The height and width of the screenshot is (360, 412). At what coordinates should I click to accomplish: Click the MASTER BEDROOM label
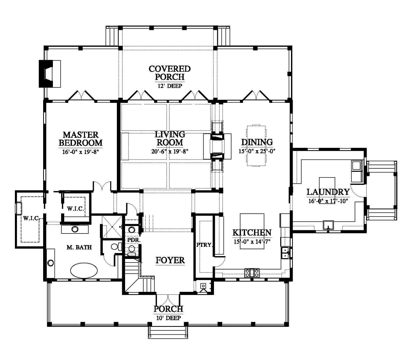[x=81, y=139]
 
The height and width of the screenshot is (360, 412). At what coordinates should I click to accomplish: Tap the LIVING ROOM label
[x=170, y=138]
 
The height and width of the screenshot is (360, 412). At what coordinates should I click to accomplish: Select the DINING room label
[x=257, y=142]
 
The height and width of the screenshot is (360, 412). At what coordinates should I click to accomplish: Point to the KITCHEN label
[x=252, y=232]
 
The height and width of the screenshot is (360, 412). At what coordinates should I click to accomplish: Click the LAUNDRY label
[x=328, y=192]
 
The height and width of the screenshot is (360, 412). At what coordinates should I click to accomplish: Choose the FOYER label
[x=170, y=260]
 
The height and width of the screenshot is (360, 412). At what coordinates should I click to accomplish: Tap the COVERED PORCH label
[x=170, y=73]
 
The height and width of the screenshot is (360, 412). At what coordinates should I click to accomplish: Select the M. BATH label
[x=79, y=247]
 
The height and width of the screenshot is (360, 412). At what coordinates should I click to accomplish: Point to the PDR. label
[x=134, y=240]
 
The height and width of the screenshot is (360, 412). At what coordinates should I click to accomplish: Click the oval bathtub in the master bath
[x=84, y=270]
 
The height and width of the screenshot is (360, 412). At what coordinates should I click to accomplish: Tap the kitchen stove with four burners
[x=252, y=273]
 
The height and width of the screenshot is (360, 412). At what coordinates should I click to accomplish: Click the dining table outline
[x=256, y=146]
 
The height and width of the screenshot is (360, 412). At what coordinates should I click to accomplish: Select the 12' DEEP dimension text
[x=170, y=86]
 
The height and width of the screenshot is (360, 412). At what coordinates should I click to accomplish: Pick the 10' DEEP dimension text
[x=168, y=318]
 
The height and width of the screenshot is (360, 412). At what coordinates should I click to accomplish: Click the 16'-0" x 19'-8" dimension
[x=81, y=152]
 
